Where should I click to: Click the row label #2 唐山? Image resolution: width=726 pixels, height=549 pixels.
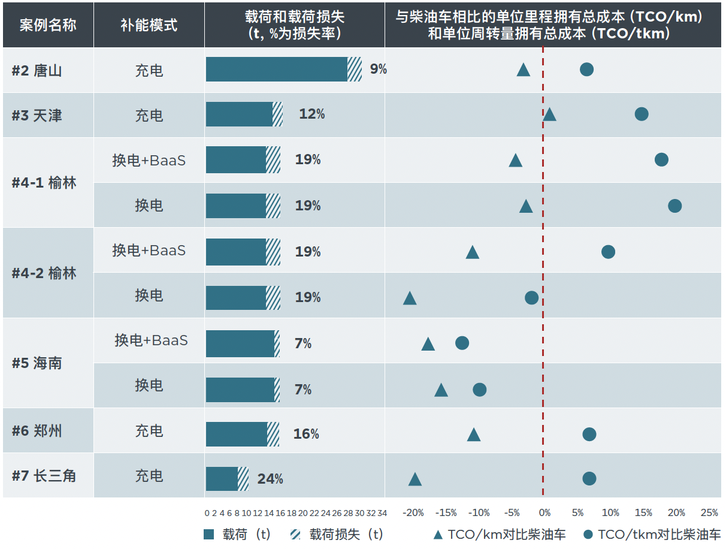click(37, 71)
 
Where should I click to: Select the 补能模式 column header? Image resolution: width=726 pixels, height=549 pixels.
click(149, 25)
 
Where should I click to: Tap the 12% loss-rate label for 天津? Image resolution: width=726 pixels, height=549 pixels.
click(312, 114)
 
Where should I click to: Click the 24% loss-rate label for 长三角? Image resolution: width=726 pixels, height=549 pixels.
click(270, 478)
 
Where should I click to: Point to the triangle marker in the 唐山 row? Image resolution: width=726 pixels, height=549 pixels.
click(524, 70)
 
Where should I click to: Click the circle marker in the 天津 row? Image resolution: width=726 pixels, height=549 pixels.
click(642, 114)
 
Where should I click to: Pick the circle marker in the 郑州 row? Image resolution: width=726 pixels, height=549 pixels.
click(589, 434)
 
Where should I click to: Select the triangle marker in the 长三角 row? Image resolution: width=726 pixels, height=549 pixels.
click(415, 479)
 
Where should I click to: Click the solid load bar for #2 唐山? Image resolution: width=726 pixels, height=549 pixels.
click(277, 69)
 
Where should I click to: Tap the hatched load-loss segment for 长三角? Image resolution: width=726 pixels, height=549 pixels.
click(243, 479)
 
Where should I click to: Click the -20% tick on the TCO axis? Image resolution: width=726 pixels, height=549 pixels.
click(413, 513)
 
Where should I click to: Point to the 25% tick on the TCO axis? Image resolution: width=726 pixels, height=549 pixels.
click(709, 513)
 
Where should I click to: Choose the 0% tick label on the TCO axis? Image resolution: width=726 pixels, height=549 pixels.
click(544, 513)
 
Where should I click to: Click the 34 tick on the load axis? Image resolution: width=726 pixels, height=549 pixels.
click(382, 513)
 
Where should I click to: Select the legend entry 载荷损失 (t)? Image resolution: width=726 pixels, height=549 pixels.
click(337, 535)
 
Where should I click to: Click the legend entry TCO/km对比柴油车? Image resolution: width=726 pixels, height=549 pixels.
click(500, 535)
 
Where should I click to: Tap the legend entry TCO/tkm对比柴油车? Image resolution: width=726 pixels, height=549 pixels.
click(652, 535)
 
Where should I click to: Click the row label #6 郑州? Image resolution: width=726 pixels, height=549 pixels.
click(37, 431)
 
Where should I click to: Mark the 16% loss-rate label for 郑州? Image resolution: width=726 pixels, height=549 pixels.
click(306, 433)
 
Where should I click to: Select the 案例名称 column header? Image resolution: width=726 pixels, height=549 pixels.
click(48, 25)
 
